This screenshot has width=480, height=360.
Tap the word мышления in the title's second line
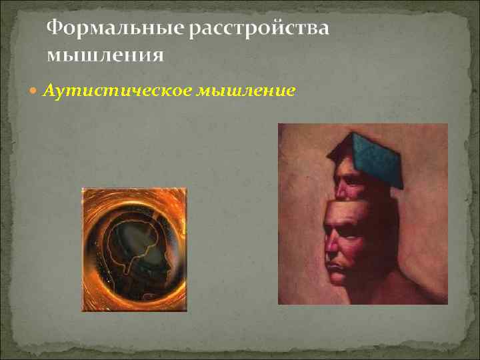(105, 54)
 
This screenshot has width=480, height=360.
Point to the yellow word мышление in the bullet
(246, 91)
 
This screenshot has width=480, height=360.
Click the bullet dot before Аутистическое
(35, 91)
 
